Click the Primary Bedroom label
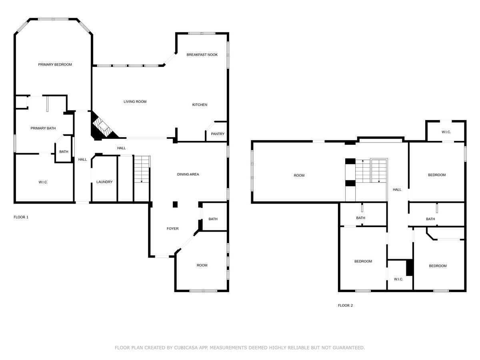point(55,64)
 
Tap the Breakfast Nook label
point(202,55)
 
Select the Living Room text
point(135,102)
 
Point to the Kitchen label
point(200,105)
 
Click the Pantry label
point(218,134)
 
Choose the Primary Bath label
point(43,128)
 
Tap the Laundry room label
point(104,182)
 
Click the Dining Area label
point(188,174)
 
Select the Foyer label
point(172,228)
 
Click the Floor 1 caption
point(21,217)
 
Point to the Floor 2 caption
point(345,305)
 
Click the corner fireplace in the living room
point(103,127)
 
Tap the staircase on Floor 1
point(142,169)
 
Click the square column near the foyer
point(175,204)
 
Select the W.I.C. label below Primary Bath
point(43,182)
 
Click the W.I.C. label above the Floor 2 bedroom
point(446,132)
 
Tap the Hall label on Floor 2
point(397,190)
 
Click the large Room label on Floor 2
point(299,175)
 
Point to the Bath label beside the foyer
point(213,219)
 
